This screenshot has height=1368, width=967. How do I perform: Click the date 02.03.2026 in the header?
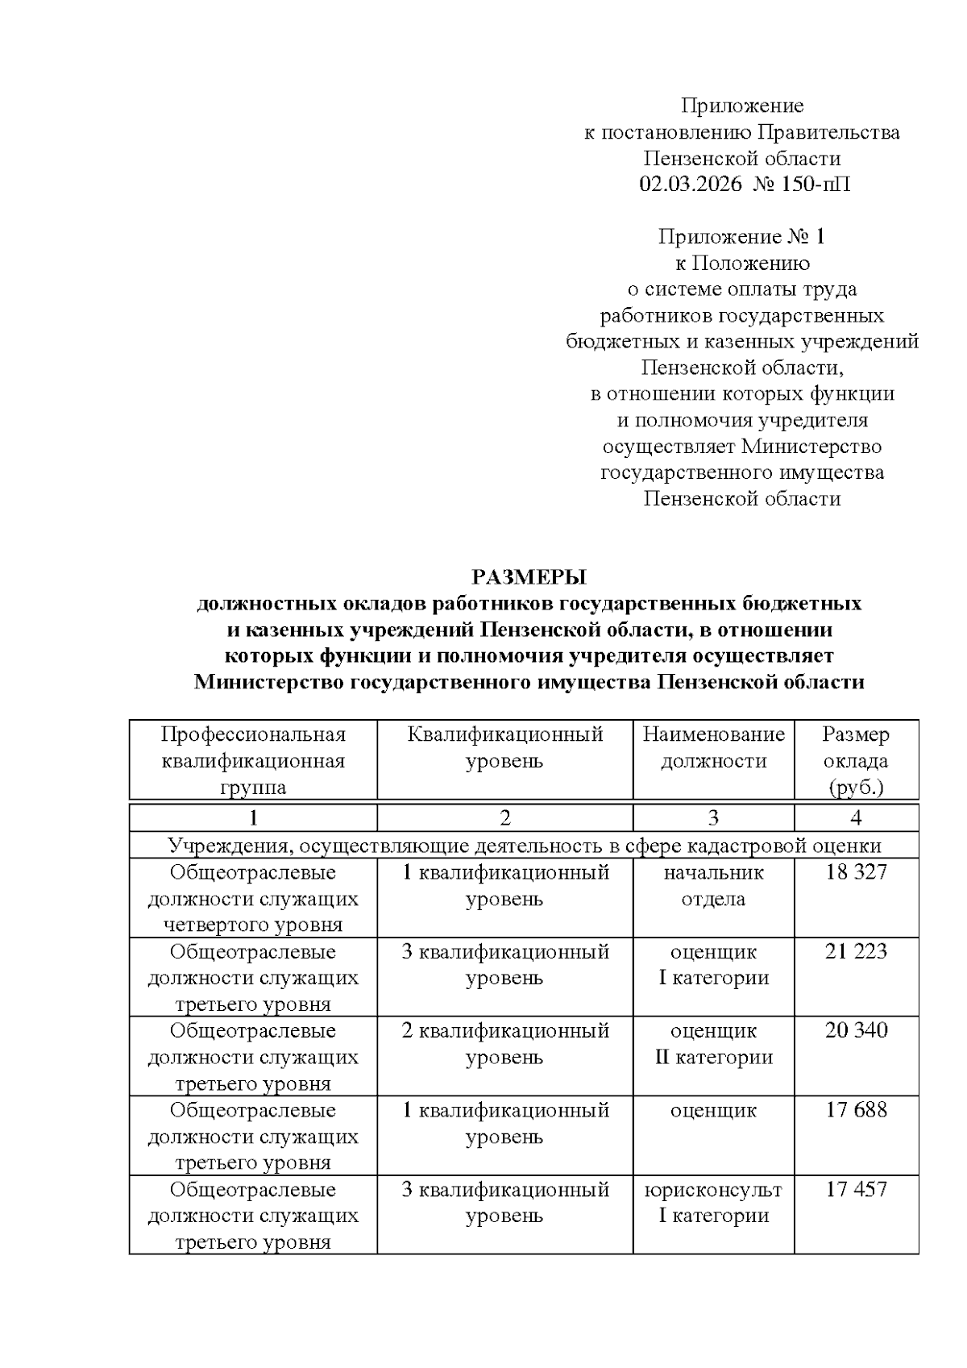[x=691, y=185]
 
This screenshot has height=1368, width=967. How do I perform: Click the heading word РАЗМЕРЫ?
[x=529, y=577]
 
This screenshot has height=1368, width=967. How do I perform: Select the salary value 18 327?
[x=856, y=871]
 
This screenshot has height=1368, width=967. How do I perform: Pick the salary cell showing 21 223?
[x=856, y=951]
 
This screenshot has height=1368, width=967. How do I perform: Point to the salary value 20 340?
[x=856, y=1030]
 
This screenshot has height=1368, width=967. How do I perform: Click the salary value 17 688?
[x=856, y=1110]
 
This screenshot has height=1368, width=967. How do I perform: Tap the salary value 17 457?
[x=856, y=1189]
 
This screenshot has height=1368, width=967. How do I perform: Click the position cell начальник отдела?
[x=713, y=885]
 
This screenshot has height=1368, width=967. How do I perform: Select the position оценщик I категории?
[x=713, y=964]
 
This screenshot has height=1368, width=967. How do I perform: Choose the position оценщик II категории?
[x=713, y=1043]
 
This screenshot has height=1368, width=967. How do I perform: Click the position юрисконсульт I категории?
[x=713, y=1202]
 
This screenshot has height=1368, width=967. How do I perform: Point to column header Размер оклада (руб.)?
[x=856, y=760]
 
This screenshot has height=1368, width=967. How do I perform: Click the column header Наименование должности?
[x=713, y=747]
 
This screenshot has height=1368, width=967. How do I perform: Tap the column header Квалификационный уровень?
[x=504, y=747]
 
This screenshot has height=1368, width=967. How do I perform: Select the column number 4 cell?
[x=856, y=818]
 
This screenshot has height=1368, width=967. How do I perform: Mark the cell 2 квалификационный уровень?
[x=504, y=1043]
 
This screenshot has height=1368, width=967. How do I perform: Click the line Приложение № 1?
[x=741, y=237]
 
